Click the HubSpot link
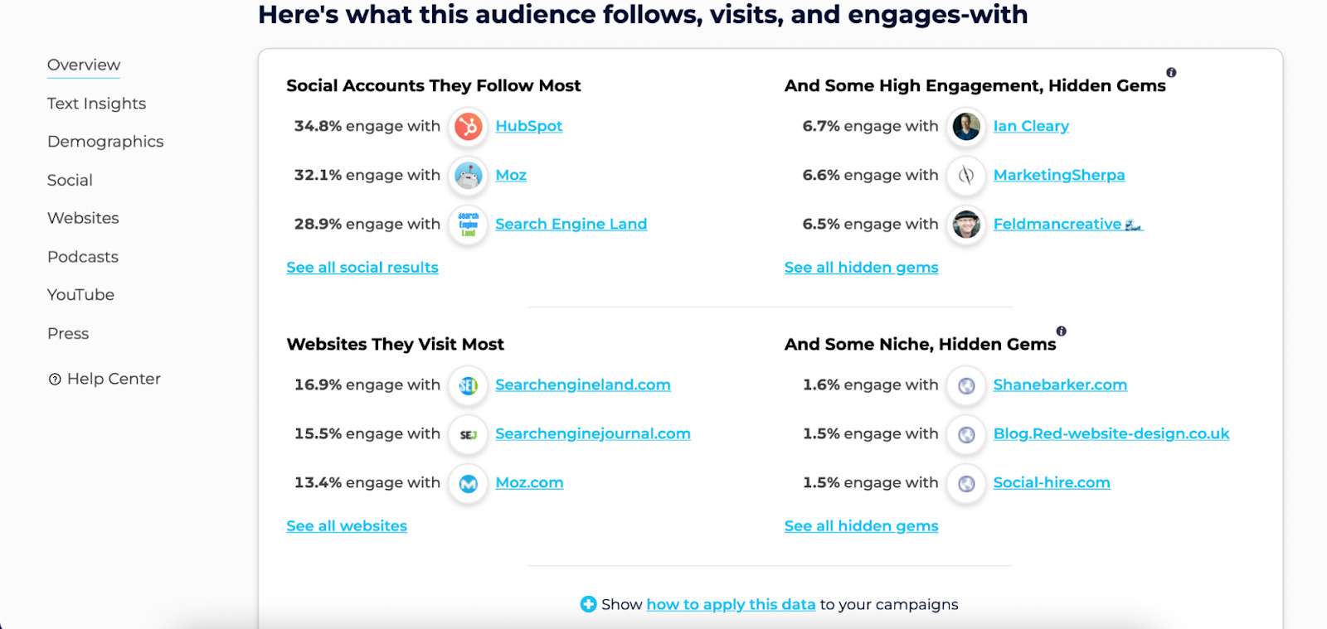(528, 126)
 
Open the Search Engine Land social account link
(571, 224)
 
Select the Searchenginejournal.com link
(592, 433)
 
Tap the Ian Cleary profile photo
(966, 127)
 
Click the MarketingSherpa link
(1058, 175)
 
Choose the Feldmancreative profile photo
(966, 225)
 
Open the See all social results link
(362, 268)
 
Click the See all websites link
(347, 526)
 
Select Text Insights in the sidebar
(96, 104)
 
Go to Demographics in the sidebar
(105, 142)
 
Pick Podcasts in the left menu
(83, 257)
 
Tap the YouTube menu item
(80, 295)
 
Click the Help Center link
(113, 379)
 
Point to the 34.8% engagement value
(318, 126)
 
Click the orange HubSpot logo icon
(469, 127)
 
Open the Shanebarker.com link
(1060, 385)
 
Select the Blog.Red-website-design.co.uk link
(1111, 433)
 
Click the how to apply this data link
(731, 604)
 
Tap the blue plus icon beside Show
(588, 604)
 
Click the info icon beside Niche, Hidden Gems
(1061, 331)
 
